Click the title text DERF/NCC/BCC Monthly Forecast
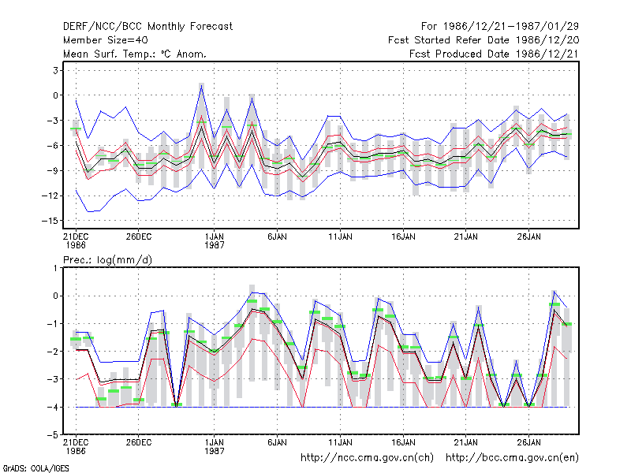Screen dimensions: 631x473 [x=147, y=27]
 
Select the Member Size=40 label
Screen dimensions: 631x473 [x=106, y=40]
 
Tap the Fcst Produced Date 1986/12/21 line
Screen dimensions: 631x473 [x=494, y=54]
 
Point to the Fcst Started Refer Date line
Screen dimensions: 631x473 [x=484, y=40]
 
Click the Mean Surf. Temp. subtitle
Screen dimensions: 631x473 [x=134, y=54]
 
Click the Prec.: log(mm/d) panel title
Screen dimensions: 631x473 [x=107, y=260]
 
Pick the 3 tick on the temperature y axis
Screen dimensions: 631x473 [x=55, y=70]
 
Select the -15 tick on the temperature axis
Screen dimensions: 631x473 [x=50, y=221]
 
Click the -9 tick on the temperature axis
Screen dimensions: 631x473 [x=53, y=170]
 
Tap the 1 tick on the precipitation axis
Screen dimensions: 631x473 [x=55, y=268]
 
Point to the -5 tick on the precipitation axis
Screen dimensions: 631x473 [x=53, y=435]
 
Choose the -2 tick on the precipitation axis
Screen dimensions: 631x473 [x=53, y=352]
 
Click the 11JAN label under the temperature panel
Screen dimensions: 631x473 [x=340, y=237]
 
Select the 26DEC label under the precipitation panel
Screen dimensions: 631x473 [x=139, y=442]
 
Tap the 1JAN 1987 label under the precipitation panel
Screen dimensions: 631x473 [x=214, y=447]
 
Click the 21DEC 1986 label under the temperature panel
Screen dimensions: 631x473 [x=76, y=241]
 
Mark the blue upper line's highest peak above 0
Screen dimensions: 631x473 [x=202, y=86]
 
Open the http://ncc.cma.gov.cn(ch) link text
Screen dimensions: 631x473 [x=367, y=458]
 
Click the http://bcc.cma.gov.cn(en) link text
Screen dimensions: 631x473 [x=512, y=458]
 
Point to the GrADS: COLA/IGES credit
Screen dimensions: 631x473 [x=35, y=468]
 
